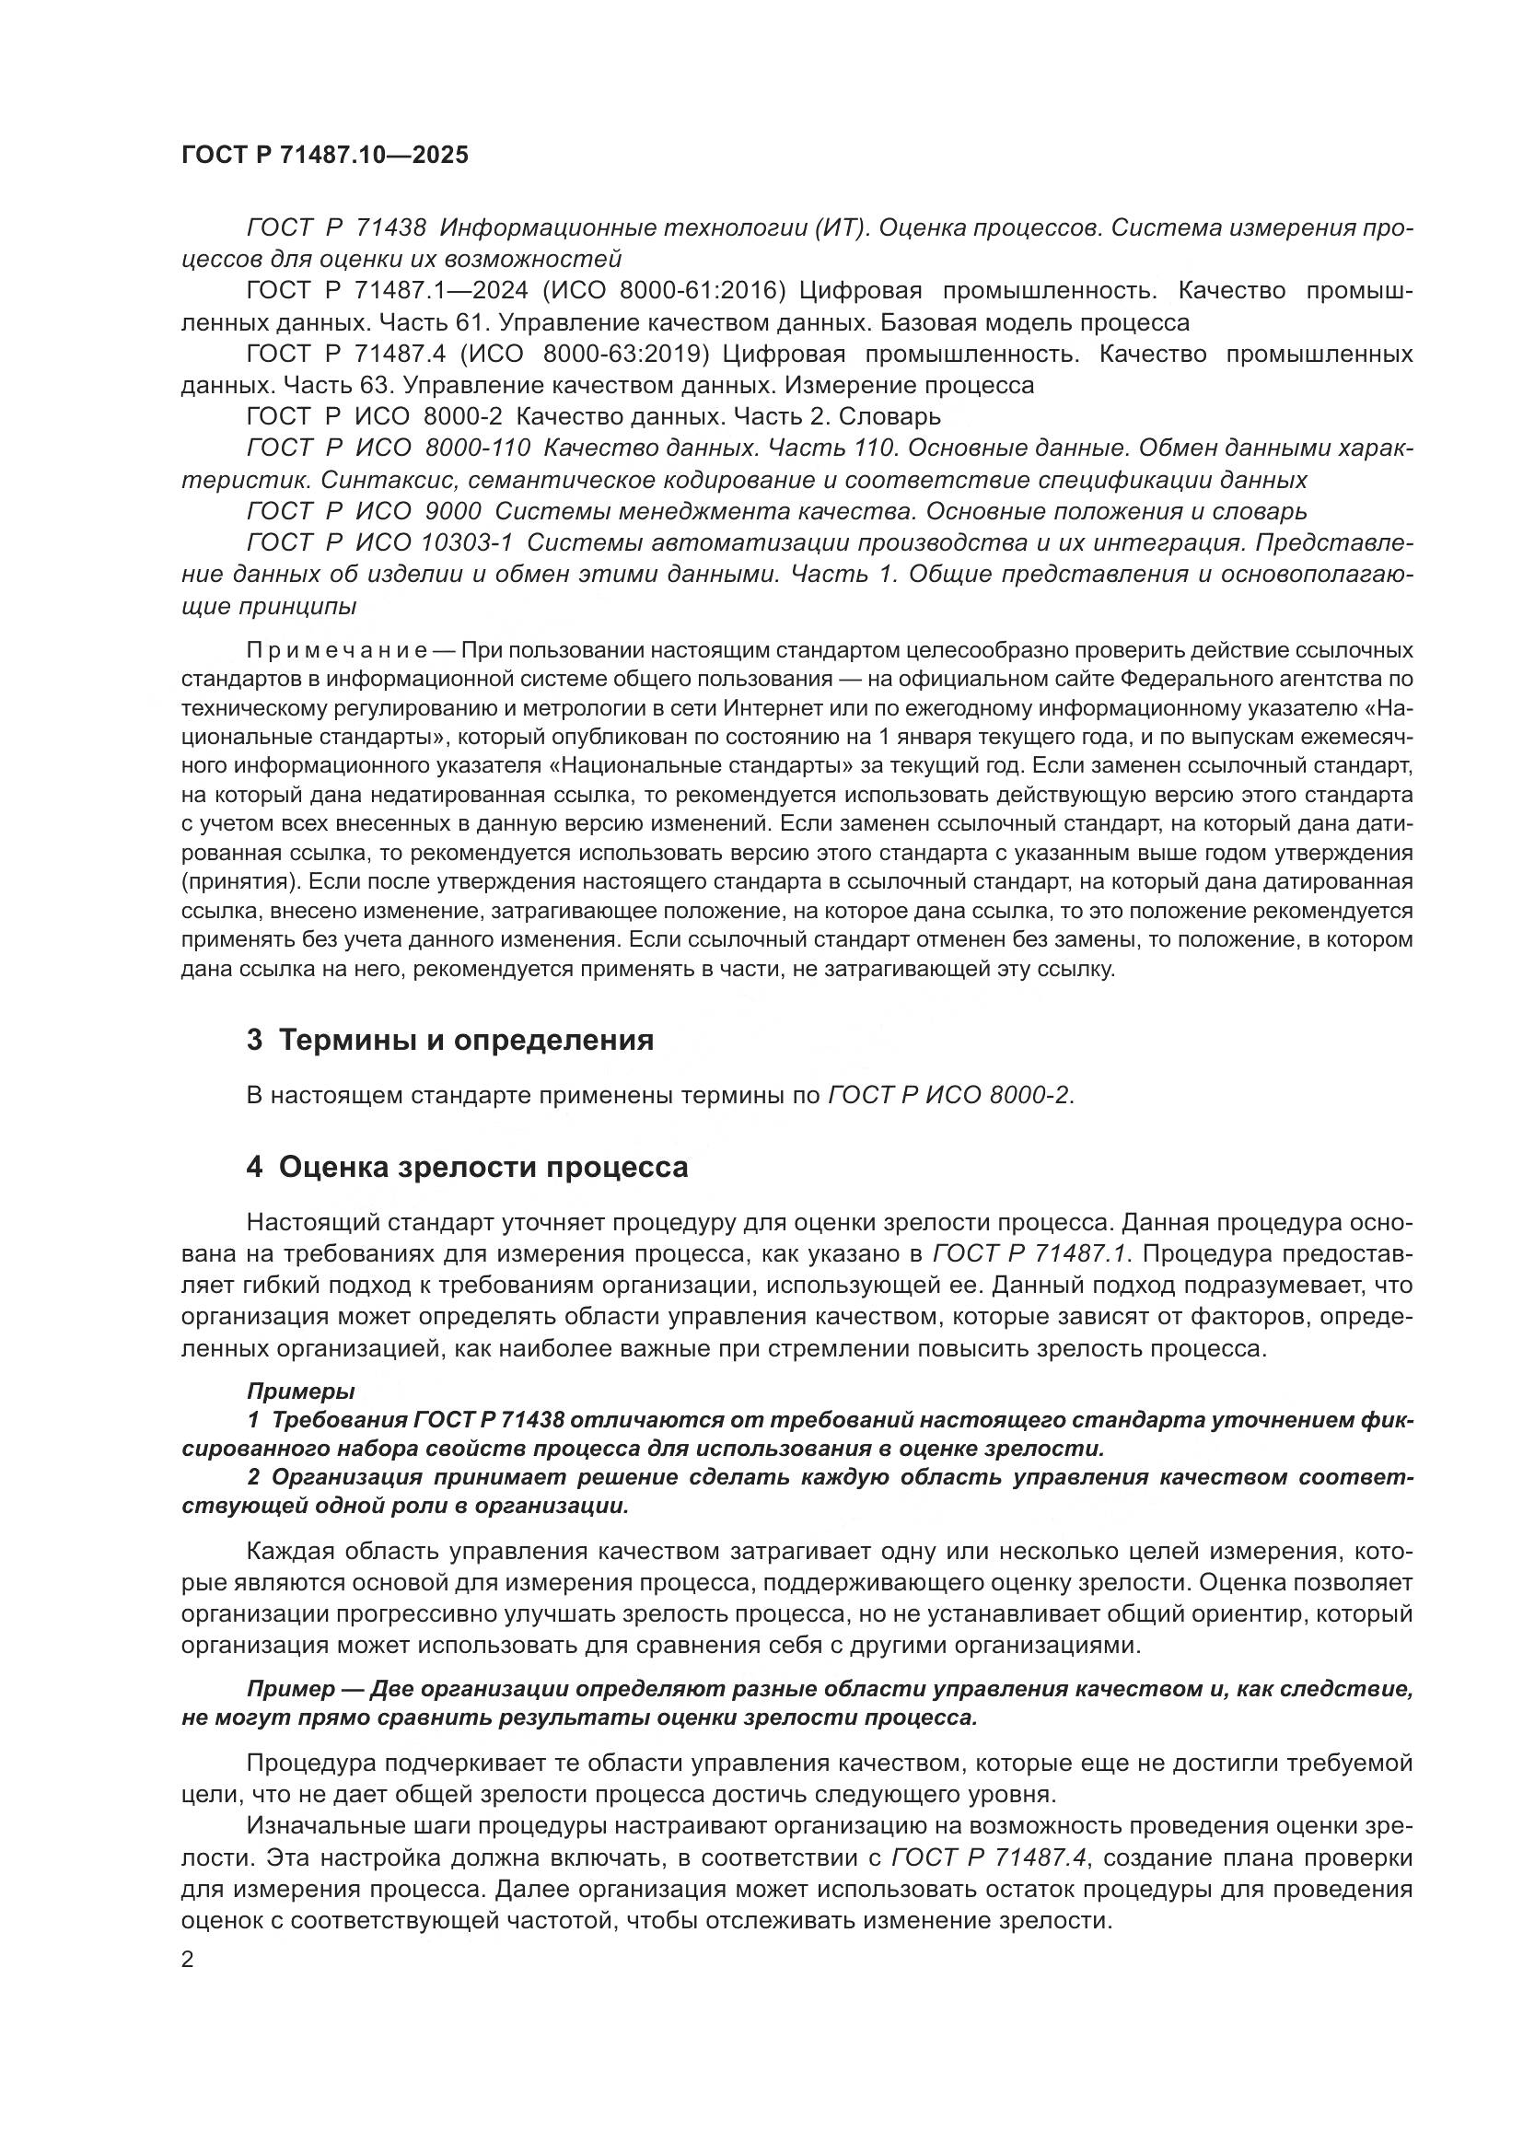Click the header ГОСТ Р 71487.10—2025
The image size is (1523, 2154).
324,155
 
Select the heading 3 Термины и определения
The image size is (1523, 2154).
449,1040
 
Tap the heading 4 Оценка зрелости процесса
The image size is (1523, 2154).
466,1166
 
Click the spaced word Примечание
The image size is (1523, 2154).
337,650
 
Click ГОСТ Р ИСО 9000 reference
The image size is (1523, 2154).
364,512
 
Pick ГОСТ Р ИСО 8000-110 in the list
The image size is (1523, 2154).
389,448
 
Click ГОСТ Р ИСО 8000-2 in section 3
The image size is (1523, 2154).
948,1096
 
